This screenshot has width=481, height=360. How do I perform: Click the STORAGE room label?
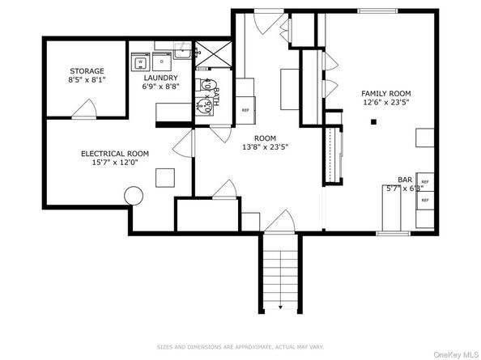pos(87,71)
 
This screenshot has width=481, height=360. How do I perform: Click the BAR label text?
pos(405,180)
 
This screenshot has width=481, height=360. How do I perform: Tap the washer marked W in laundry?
pos(140,61)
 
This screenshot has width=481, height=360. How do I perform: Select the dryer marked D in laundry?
pos(161,61)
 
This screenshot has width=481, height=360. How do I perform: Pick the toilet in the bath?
pos(201,104)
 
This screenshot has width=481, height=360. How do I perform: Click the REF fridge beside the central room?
pos(245,109)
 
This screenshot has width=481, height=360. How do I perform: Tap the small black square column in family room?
pos(373,122)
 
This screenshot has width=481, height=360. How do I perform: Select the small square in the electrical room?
pos(166,177)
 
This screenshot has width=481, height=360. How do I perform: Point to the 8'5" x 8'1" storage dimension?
pos(87,80)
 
